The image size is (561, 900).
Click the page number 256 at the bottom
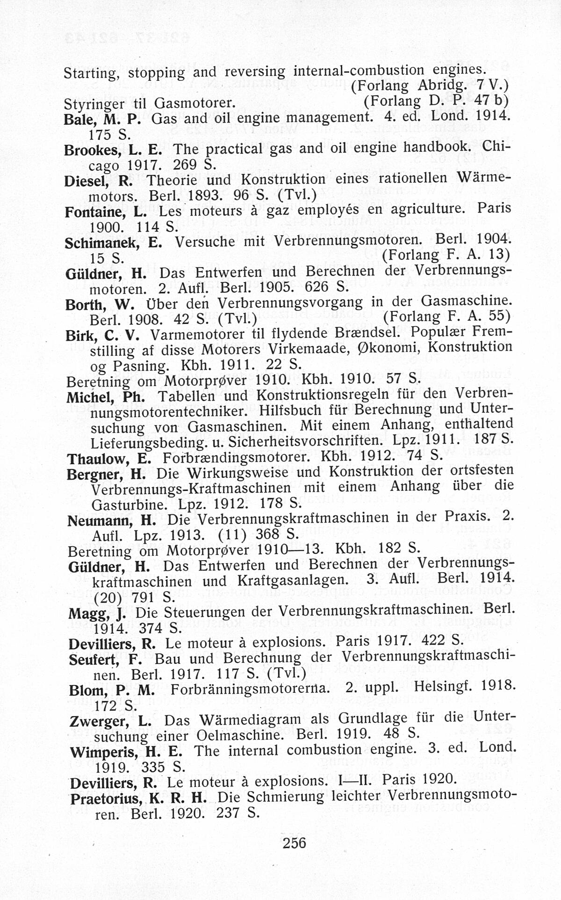coord(294,842)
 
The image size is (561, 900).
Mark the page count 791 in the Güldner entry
coord(146,597)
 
